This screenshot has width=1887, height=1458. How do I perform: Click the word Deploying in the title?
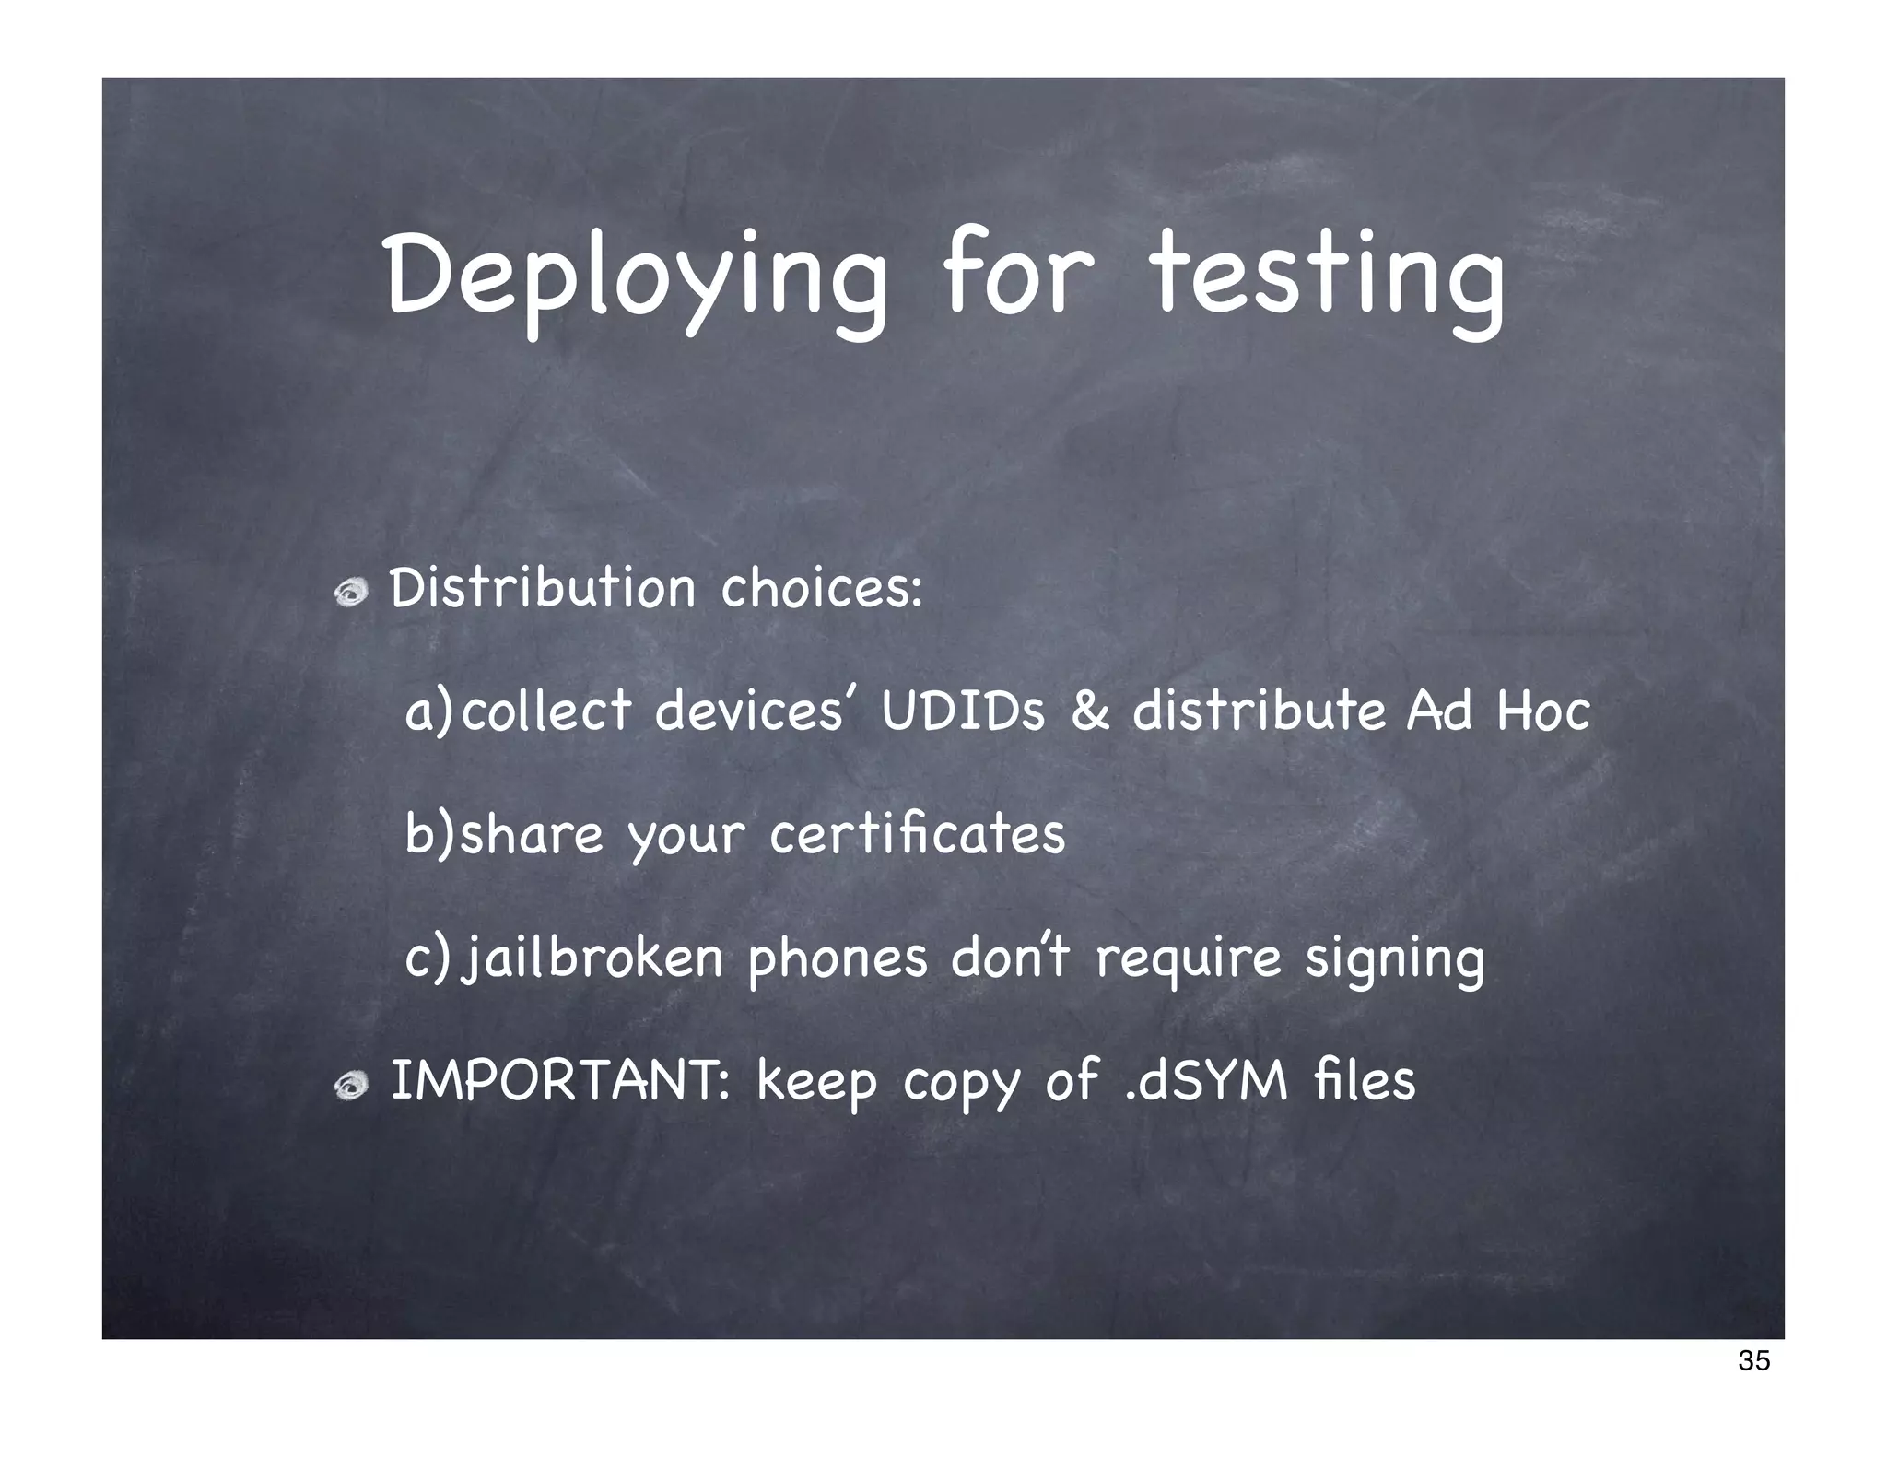[636, 276]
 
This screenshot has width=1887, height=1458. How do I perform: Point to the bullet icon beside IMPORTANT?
[351, 1087]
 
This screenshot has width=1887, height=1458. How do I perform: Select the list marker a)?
[428, 712]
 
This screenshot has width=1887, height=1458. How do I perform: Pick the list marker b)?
[429, 835]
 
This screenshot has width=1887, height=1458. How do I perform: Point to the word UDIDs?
[963, 711]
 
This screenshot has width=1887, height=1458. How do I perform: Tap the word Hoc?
[1543, 711]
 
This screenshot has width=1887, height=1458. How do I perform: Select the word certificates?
[917, 835]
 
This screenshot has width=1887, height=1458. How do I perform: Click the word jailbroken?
[592, 958]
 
